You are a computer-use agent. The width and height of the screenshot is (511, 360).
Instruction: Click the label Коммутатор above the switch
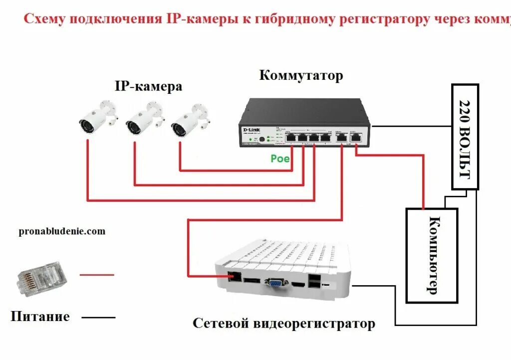(301, 76)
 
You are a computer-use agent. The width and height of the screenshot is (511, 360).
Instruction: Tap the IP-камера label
(148, 87)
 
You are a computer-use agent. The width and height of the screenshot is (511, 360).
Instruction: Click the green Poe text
(280, 158)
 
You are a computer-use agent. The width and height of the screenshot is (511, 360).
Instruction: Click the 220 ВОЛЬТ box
(465, 137)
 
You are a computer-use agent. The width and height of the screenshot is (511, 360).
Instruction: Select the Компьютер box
(432, 255)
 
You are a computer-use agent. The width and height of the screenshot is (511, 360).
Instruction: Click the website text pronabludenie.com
(62, 231)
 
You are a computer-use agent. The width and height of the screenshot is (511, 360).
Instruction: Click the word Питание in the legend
(40, 317)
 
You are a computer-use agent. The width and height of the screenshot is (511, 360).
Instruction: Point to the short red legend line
(97, 274)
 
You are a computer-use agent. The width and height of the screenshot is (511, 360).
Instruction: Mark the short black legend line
(98, 318)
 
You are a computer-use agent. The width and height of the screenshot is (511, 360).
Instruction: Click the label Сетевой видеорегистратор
(283, 324)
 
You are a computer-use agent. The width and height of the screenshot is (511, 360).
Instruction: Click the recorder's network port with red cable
(234, 276)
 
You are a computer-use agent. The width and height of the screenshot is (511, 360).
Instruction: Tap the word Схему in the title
(44, 19)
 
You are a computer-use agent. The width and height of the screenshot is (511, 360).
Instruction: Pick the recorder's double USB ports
(314, 282)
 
